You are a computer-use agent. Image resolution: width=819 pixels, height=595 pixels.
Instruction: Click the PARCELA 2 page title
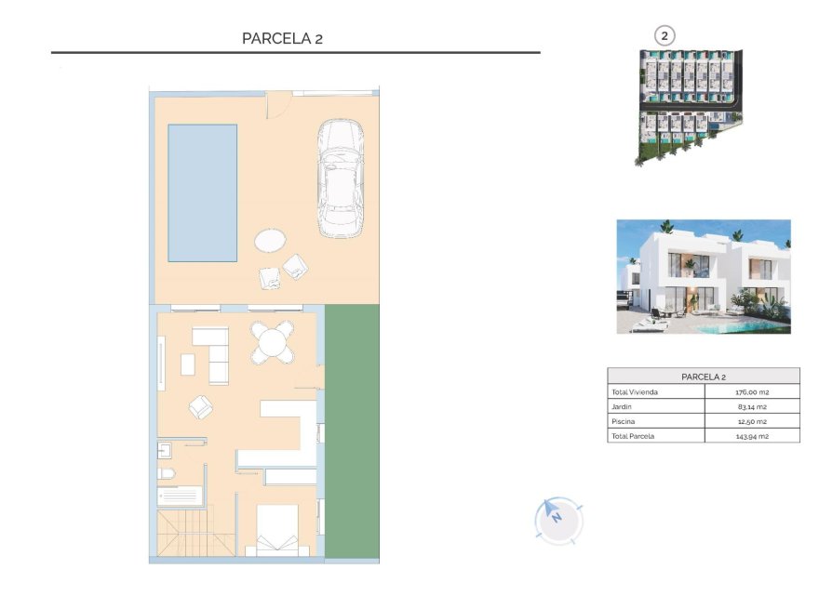[282, 38]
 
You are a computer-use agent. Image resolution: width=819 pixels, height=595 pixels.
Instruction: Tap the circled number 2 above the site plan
[664, 36]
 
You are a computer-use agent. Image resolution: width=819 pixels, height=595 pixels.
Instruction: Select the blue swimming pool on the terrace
[202, 192]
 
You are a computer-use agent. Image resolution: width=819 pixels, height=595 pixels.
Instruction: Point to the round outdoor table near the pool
[270, 241]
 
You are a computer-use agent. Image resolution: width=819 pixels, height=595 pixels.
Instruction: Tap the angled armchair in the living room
[200, 406]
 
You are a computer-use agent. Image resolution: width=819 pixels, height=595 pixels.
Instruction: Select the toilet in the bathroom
[167, 475]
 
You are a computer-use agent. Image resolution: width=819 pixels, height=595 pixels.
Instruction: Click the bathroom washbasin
[164, 451]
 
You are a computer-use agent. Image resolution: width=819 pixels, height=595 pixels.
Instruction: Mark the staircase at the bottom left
[182, 535]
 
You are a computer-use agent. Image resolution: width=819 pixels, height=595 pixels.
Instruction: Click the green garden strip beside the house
[353, 431]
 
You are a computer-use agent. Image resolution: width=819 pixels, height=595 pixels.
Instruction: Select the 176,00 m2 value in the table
[752, 392]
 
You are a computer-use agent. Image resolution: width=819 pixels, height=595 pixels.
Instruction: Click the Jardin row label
[621, 406]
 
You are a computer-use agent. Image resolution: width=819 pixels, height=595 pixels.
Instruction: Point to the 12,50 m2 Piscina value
[752, 421]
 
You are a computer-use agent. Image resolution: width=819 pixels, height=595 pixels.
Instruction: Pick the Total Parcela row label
[631, 435]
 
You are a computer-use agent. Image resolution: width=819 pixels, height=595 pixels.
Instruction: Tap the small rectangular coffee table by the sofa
[188, 364]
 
